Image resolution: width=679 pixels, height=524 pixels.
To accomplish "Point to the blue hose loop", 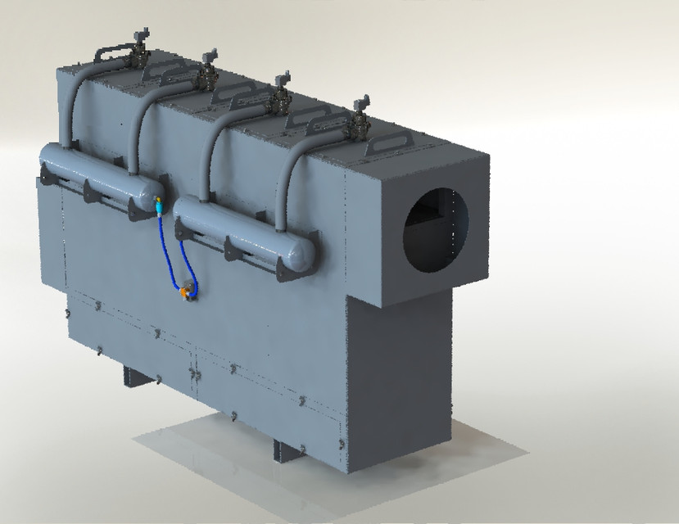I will click(174, 254).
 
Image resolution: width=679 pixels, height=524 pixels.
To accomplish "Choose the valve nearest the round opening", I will click(358, 120).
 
